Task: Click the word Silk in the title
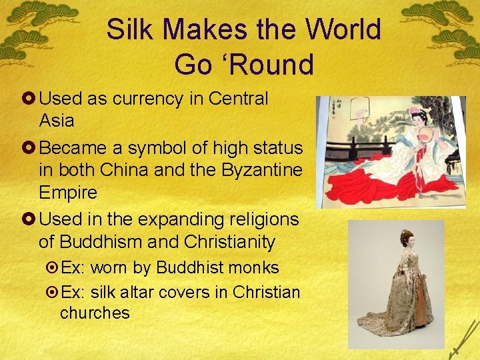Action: coord(129,30)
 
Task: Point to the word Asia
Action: coord(57,121)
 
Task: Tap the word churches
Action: coord(95,313)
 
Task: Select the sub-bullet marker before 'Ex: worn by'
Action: coord(52,268)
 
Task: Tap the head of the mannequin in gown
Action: coord(405,237)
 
